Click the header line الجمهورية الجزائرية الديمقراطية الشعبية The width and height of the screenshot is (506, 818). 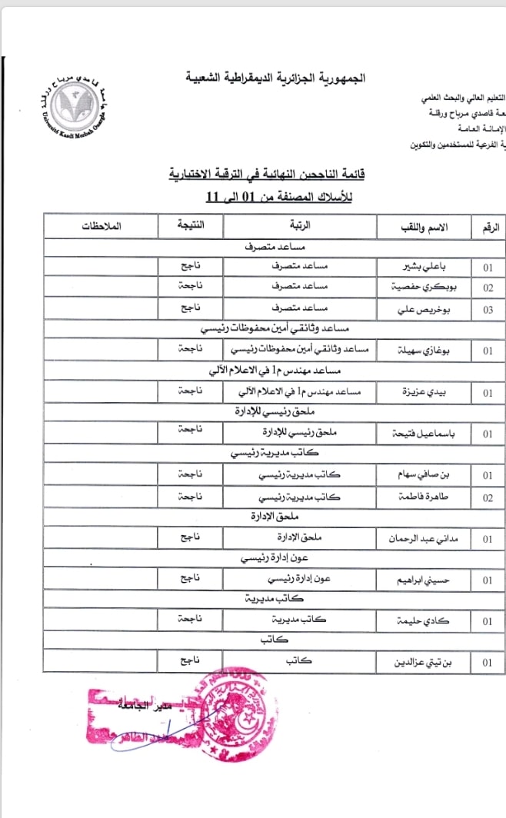pos(277,78)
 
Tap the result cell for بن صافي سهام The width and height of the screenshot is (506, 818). pos(189,475)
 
